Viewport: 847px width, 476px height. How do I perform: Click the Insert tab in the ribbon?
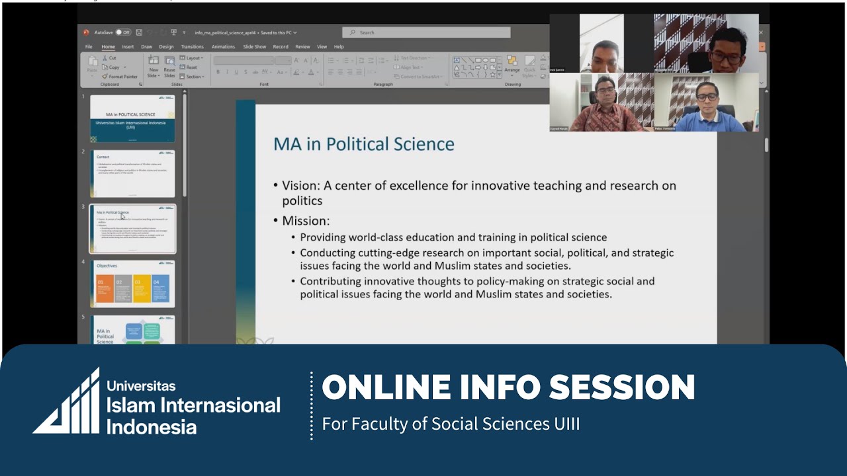click(128, 47)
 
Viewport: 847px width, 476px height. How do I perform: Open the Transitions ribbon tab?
click(192, 47)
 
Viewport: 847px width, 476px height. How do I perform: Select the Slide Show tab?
click(254, 47)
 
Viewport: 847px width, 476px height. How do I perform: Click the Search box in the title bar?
click(426, 32)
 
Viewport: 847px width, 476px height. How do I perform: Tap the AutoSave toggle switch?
click(122, 32)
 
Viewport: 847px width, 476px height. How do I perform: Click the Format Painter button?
click(120, 77)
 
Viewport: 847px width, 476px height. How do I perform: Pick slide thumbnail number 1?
click(132, 118)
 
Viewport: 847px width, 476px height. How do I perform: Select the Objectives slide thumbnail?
click(132, 284)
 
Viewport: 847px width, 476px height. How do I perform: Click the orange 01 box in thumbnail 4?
click(105, 289)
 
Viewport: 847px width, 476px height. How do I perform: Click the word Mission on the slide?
click(305, 221)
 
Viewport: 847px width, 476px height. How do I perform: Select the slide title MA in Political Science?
click(363, 144)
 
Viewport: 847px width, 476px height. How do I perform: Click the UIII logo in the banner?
click(66, 401)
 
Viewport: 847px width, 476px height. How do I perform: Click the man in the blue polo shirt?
click(707, 106)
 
